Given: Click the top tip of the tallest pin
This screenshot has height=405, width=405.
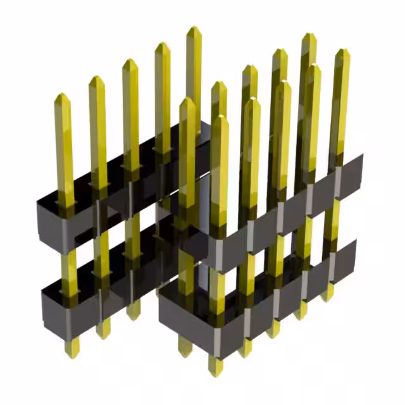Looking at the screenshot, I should (x=194, y=28).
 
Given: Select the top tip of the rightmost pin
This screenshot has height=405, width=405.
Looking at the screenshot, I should (x=342, y=51).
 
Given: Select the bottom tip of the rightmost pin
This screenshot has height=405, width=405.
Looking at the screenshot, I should (x=328, y=297).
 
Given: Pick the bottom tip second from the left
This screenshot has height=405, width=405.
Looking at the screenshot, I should (x=103, y=334).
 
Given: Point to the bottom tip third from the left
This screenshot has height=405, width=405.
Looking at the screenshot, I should (x=133, y=315).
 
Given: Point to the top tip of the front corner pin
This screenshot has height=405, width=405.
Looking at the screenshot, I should (x=219, y=118).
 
